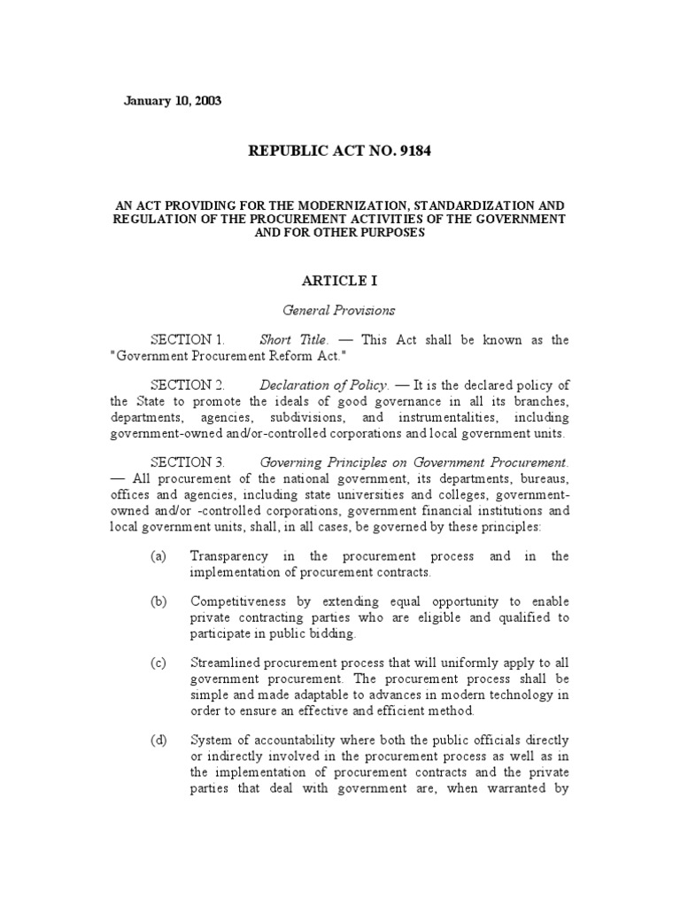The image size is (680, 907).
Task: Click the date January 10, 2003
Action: click(172, 100)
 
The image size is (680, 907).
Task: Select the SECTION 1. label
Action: click(188, 340)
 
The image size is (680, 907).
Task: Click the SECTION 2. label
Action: click(188, 385)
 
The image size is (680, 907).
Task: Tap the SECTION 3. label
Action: click(188, 461)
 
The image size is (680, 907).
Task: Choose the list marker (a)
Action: click(158, 556)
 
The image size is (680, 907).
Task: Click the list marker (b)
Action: click(158, 601)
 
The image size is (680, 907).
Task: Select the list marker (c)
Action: click(158, 663)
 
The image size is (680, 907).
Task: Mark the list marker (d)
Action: click(158, 740)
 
